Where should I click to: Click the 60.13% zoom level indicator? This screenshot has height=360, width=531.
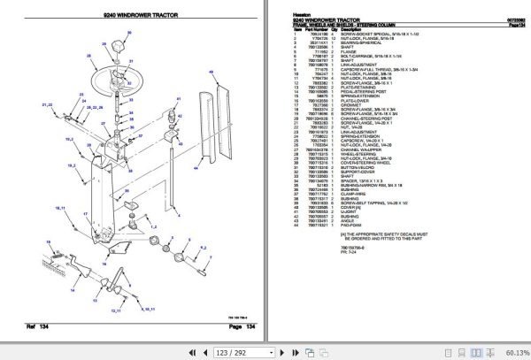tap(512, 352)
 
